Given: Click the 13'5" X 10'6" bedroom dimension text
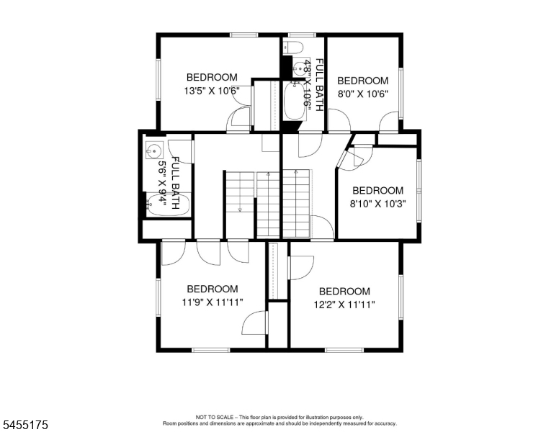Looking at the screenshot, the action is tap(211, 91).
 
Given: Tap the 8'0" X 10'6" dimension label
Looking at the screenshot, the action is tap(363, 94).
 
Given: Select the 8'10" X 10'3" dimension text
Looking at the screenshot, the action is tap(378, 204).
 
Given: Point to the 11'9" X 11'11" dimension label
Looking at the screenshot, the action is tap(213, 302).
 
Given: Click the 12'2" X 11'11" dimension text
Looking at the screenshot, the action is tap(344, 305).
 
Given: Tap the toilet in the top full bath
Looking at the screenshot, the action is tap(293, 48).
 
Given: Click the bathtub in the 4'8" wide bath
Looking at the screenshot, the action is tap(295, 101).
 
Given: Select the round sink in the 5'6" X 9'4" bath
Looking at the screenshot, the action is tap(154, 150).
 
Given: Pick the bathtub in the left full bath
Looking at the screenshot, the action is tap(168, 205).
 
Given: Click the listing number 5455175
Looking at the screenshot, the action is tap(25, 425).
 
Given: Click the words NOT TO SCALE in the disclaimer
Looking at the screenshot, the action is tap(215, 417).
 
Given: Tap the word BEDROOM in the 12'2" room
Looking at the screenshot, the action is tap(344, 292).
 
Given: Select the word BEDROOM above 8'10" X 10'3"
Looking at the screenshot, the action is tap(378, 190).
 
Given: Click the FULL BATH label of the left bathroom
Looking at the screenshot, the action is tap(175, 183).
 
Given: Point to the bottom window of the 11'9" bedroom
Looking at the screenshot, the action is tap(210, 350).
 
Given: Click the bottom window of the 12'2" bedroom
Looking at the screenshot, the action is tap(344, 350).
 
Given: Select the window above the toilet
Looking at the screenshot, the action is tap(302, 35).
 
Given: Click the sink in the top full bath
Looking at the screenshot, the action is tap(299, 67).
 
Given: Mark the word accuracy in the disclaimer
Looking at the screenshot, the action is tap(385, 423).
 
